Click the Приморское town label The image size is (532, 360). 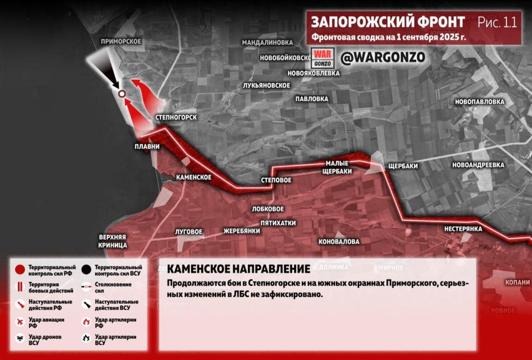tap(121, 42)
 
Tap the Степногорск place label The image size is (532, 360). tap(177, 117)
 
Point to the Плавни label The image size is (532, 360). tap(147, 147)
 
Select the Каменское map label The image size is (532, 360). tap(194, 177)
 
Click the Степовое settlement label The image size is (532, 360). tap(276, 181)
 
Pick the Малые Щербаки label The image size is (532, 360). tap(338, 167)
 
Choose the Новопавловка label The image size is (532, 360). tap(479, 102)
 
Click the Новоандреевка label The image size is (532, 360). tap(478, 165)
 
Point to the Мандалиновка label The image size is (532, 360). tap(267, 42)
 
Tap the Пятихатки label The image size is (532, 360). tap(278, 223)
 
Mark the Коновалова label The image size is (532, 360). tap(339, 241)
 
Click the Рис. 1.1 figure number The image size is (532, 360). tap(497, 22)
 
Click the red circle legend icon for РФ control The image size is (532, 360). tap(20, 270)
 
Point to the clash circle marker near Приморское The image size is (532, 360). tap(121, 94)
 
